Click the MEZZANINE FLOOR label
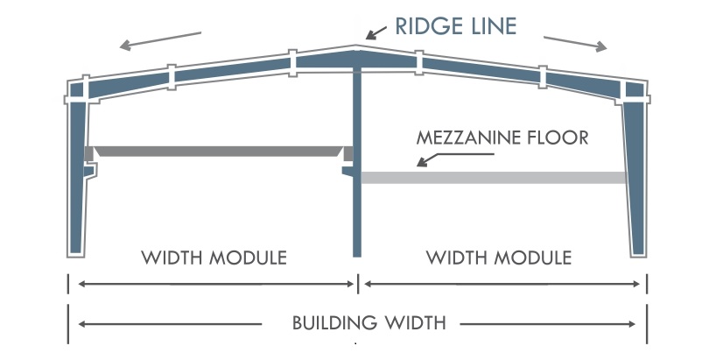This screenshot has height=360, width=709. [x=502, y=138]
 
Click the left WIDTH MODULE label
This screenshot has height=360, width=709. [x=214, y=258]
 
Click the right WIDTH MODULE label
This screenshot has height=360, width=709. [x=499, y=258]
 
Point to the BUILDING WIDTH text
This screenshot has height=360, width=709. [x=369, y=322]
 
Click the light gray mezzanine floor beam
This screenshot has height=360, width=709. [x=495, y=178]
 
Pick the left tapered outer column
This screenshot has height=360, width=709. [x=79, y=175]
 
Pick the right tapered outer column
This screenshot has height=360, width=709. [x=637, y=175]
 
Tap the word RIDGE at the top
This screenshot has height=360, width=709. [x=423, y=26]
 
